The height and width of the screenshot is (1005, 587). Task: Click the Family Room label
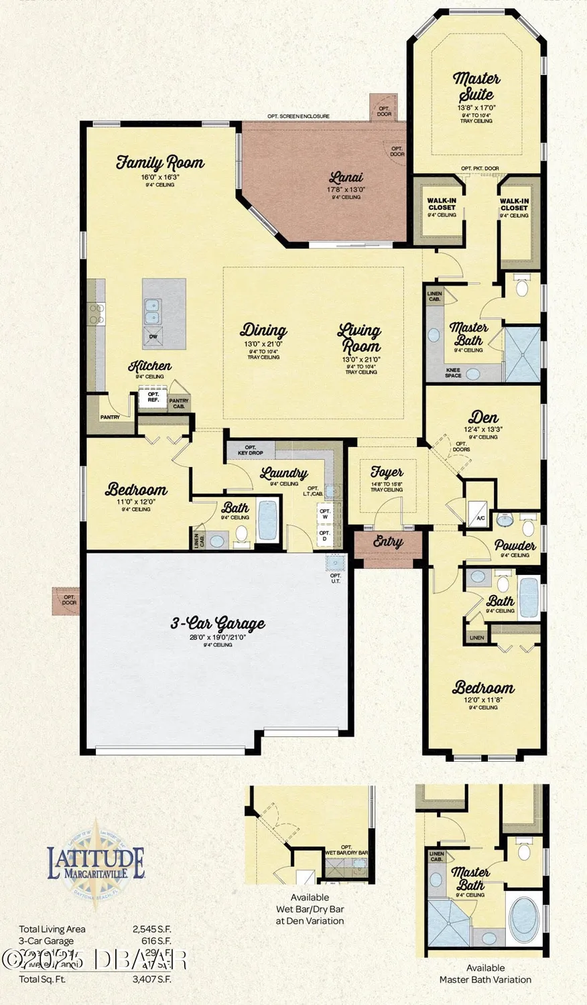point(159,162)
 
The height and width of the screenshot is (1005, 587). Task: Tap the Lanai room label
point(346,178)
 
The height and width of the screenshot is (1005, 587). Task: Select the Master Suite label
point(476,86)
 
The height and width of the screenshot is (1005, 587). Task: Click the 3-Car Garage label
point(217,624)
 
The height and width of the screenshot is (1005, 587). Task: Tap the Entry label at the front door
point(388,541)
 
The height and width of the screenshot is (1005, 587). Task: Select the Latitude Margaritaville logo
point(96,863)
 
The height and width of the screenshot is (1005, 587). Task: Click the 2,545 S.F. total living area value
point(151,929)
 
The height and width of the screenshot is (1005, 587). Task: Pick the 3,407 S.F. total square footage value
point(151,980)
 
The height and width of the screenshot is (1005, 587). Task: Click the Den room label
point(483,417)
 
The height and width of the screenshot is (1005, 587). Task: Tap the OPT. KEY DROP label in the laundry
point(251,450)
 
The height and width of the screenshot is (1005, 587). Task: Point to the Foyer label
point(387,472)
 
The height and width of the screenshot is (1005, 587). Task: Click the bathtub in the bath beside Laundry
point(267,520)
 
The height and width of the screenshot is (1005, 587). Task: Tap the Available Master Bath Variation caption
point(485,974)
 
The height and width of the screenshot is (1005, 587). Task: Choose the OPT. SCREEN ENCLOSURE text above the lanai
point(298,117)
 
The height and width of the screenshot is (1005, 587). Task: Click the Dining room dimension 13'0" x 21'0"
point(263,344)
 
